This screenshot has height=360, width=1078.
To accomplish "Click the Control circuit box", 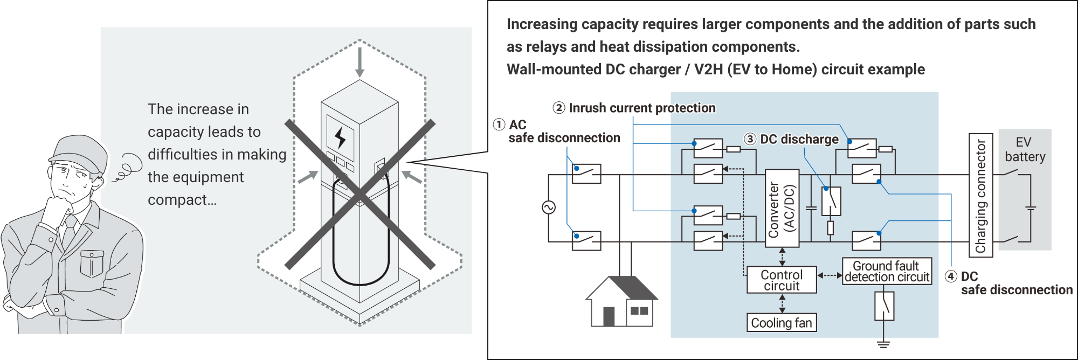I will [x=782, y=280].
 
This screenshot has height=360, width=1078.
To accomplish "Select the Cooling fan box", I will [x=782, y=323].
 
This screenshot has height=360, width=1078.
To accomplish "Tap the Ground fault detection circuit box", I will [x=887, y=271].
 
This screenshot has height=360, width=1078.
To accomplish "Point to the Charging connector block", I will [x=981, y=195].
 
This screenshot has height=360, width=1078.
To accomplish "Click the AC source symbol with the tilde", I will [x=549, y=207].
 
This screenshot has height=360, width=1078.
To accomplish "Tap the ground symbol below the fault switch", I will [x=883, y=343].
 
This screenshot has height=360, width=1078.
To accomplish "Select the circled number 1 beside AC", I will [x=499, y=124].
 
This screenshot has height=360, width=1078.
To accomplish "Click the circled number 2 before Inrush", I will [x=559, y=108].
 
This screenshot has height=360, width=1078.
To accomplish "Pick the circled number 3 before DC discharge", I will [x=750, y=139].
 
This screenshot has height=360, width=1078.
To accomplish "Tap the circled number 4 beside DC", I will [x=951, y=276].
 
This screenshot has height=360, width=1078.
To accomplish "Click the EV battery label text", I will [x=1024, y=149].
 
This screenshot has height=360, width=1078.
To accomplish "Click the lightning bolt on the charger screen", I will [x=340, y=138].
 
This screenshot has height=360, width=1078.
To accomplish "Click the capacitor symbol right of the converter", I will [x=810, y=207].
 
